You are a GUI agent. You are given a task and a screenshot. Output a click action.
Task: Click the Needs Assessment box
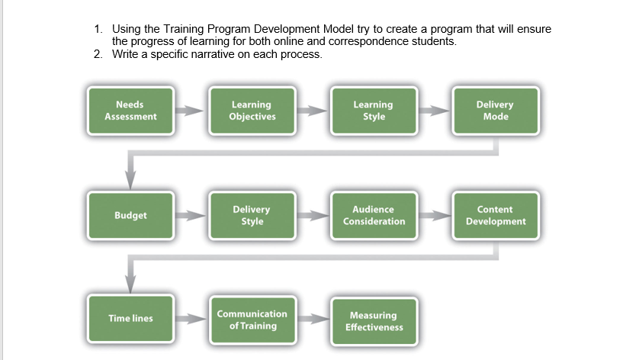pyautogui.click(x=130, y=111)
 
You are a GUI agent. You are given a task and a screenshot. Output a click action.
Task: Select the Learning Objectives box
pyautogui.click(x=252, y=111)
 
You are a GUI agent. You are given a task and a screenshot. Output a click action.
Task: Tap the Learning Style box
pyautogui.click(x=374, y=111)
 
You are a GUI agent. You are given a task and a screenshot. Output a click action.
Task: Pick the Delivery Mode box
pyautogui.click(x=496, y=111)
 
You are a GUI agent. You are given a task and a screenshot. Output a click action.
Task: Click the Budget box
pyautogui.click(x=130, y=216)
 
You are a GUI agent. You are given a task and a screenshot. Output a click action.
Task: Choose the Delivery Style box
pyautogui.click(x=252, y=216)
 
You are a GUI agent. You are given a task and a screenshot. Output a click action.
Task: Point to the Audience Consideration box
pyautogui.click(x=374, y=216)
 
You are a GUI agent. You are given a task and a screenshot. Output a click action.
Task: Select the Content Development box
pyautogui.click(x=496, y=216)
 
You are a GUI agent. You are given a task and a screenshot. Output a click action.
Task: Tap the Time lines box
pyautogui.click(x=130, y=319)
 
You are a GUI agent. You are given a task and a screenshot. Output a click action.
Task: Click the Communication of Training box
pyautogui.click(x=252, y=320)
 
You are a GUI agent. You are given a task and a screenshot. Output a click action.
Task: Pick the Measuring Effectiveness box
pyautogui.click(x=374, y=321)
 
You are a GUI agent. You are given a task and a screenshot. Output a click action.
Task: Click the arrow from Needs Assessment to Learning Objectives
pyautogui.click(x=191, y=111)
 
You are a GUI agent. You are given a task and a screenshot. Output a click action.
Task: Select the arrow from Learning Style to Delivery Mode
pyautogui.click(x=435, y=111)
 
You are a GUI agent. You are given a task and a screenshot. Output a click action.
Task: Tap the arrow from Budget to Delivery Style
pyautogui.click(x=191, y=216)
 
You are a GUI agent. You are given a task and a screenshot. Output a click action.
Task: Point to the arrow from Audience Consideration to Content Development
pyautogui.click(x=435, y=216)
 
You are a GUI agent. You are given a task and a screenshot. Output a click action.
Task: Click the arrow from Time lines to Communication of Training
pyautogui.click(x=191, y=319)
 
